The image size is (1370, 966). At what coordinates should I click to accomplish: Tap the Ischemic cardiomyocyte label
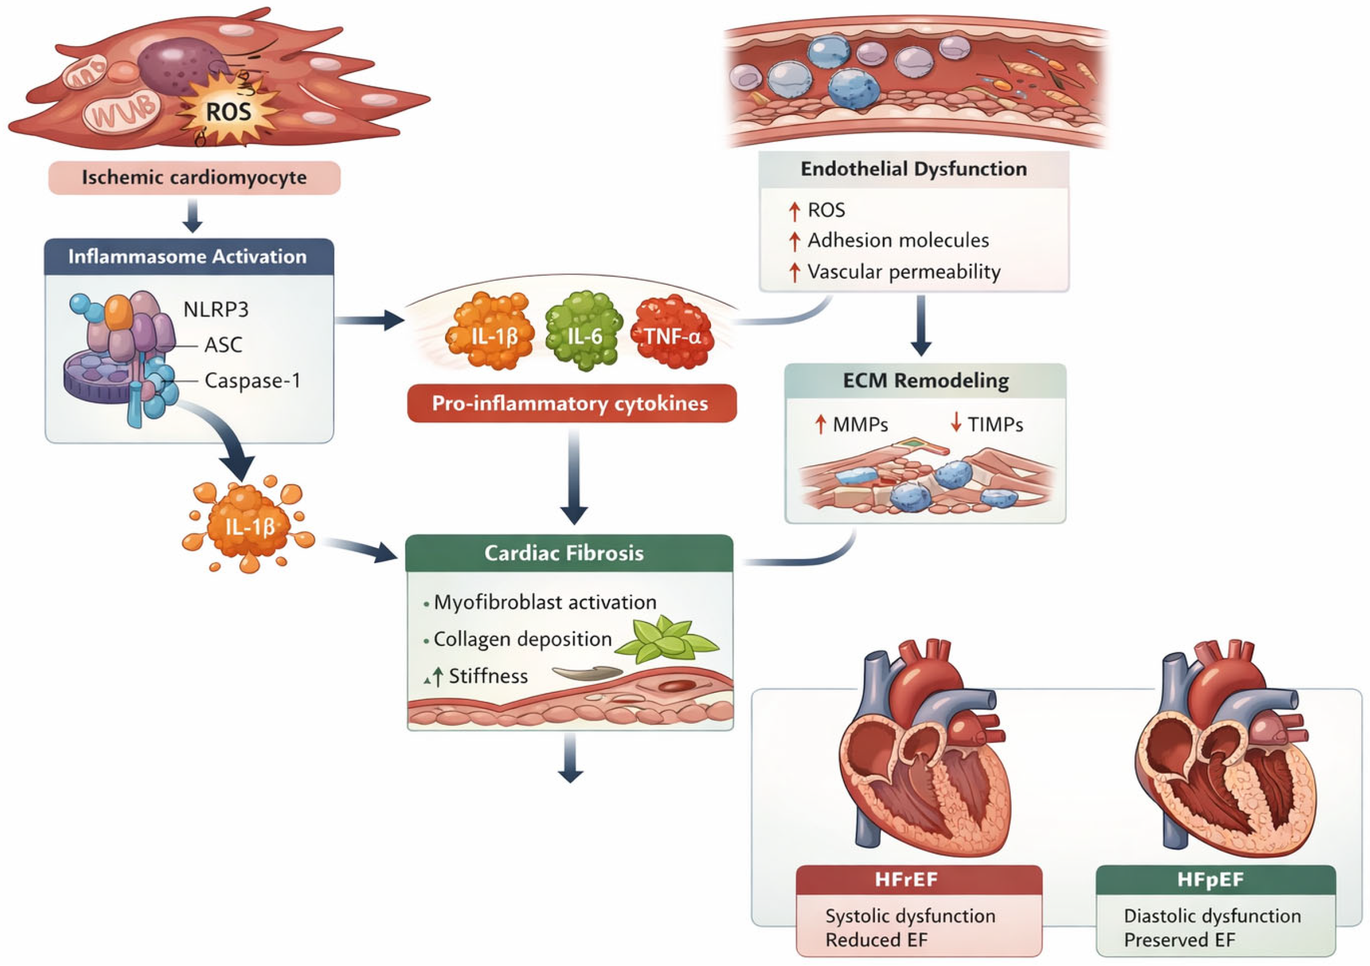(194, 178)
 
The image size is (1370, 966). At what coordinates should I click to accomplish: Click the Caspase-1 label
(252, 380)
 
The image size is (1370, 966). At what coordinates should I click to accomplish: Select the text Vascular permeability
(904, 272)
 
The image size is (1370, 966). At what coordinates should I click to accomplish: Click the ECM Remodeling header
(925, 380)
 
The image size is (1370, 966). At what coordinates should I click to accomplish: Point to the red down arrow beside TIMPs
(956, 423)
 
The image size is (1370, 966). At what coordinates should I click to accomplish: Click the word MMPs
(861, 425)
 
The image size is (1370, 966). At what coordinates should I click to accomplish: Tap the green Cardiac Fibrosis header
(569, 553)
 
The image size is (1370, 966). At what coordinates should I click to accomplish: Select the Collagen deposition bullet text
(523, 639)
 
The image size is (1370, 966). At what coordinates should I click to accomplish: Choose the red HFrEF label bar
(919, 880)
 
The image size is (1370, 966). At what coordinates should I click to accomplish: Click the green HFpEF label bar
(1216, 880)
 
